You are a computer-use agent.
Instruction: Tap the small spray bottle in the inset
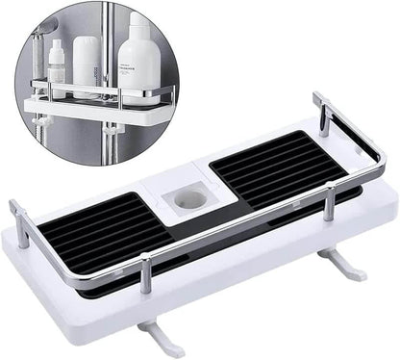[56, 67]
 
